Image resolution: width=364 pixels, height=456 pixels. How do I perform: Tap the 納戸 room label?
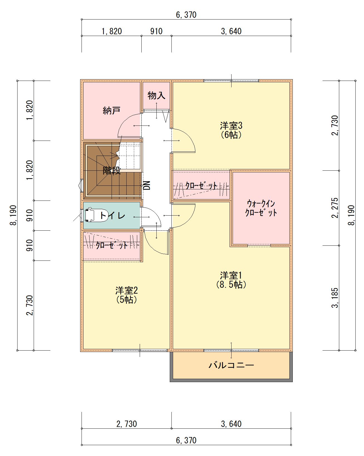pyautogui.click(x=112, y=111)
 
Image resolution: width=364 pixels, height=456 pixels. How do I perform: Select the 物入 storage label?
pyautogui.click(x=156, y=95)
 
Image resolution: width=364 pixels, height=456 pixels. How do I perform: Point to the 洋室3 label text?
pyautogui.click(x=231, y=126)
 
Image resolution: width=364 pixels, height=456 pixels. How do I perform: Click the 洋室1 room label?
pyautogui.click(x=231, y=276)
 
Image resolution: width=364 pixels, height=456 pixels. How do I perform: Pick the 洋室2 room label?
pyautogui.click(x=126, y=291)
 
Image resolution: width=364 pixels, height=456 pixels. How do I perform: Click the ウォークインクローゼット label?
pyautogui.click(x=261, y=208)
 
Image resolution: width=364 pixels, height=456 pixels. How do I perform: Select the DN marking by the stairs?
pyautogui.click(x=147, y=185)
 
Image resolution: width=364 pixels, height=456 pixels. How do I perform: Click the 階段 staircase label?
pyautogui.click(x=112, y=170)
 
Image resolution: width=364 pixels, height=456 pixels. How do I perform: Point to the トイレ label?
pyautogui.click(x=112, y=216)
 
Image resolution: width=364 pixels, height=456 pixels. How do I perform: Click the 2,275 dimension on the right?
pyautogui.click(x=335, y=208)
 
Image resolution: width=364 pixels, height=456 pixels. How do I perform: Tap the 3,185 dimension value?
pyautogui.click(x=335, y=298)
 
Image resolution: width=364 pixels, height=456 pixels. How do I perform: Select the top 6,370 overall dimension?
pyautogui.click(x=186, y=15)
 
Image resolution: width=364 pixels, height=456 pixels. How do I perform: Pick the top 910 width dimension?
pyautogui.click(x=156, y=31)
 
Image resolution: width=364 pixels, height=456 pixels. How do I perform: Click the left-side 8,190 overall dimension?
pyautogui.click(x=13, y=215)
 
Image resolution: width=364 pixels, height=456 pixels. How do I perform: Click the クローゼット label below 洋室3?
pyautogui.click(x=201, y=186)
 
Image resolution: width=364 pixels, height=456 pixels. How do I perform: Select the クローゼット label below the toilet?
pyautogui.click(x=112, y=245)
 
